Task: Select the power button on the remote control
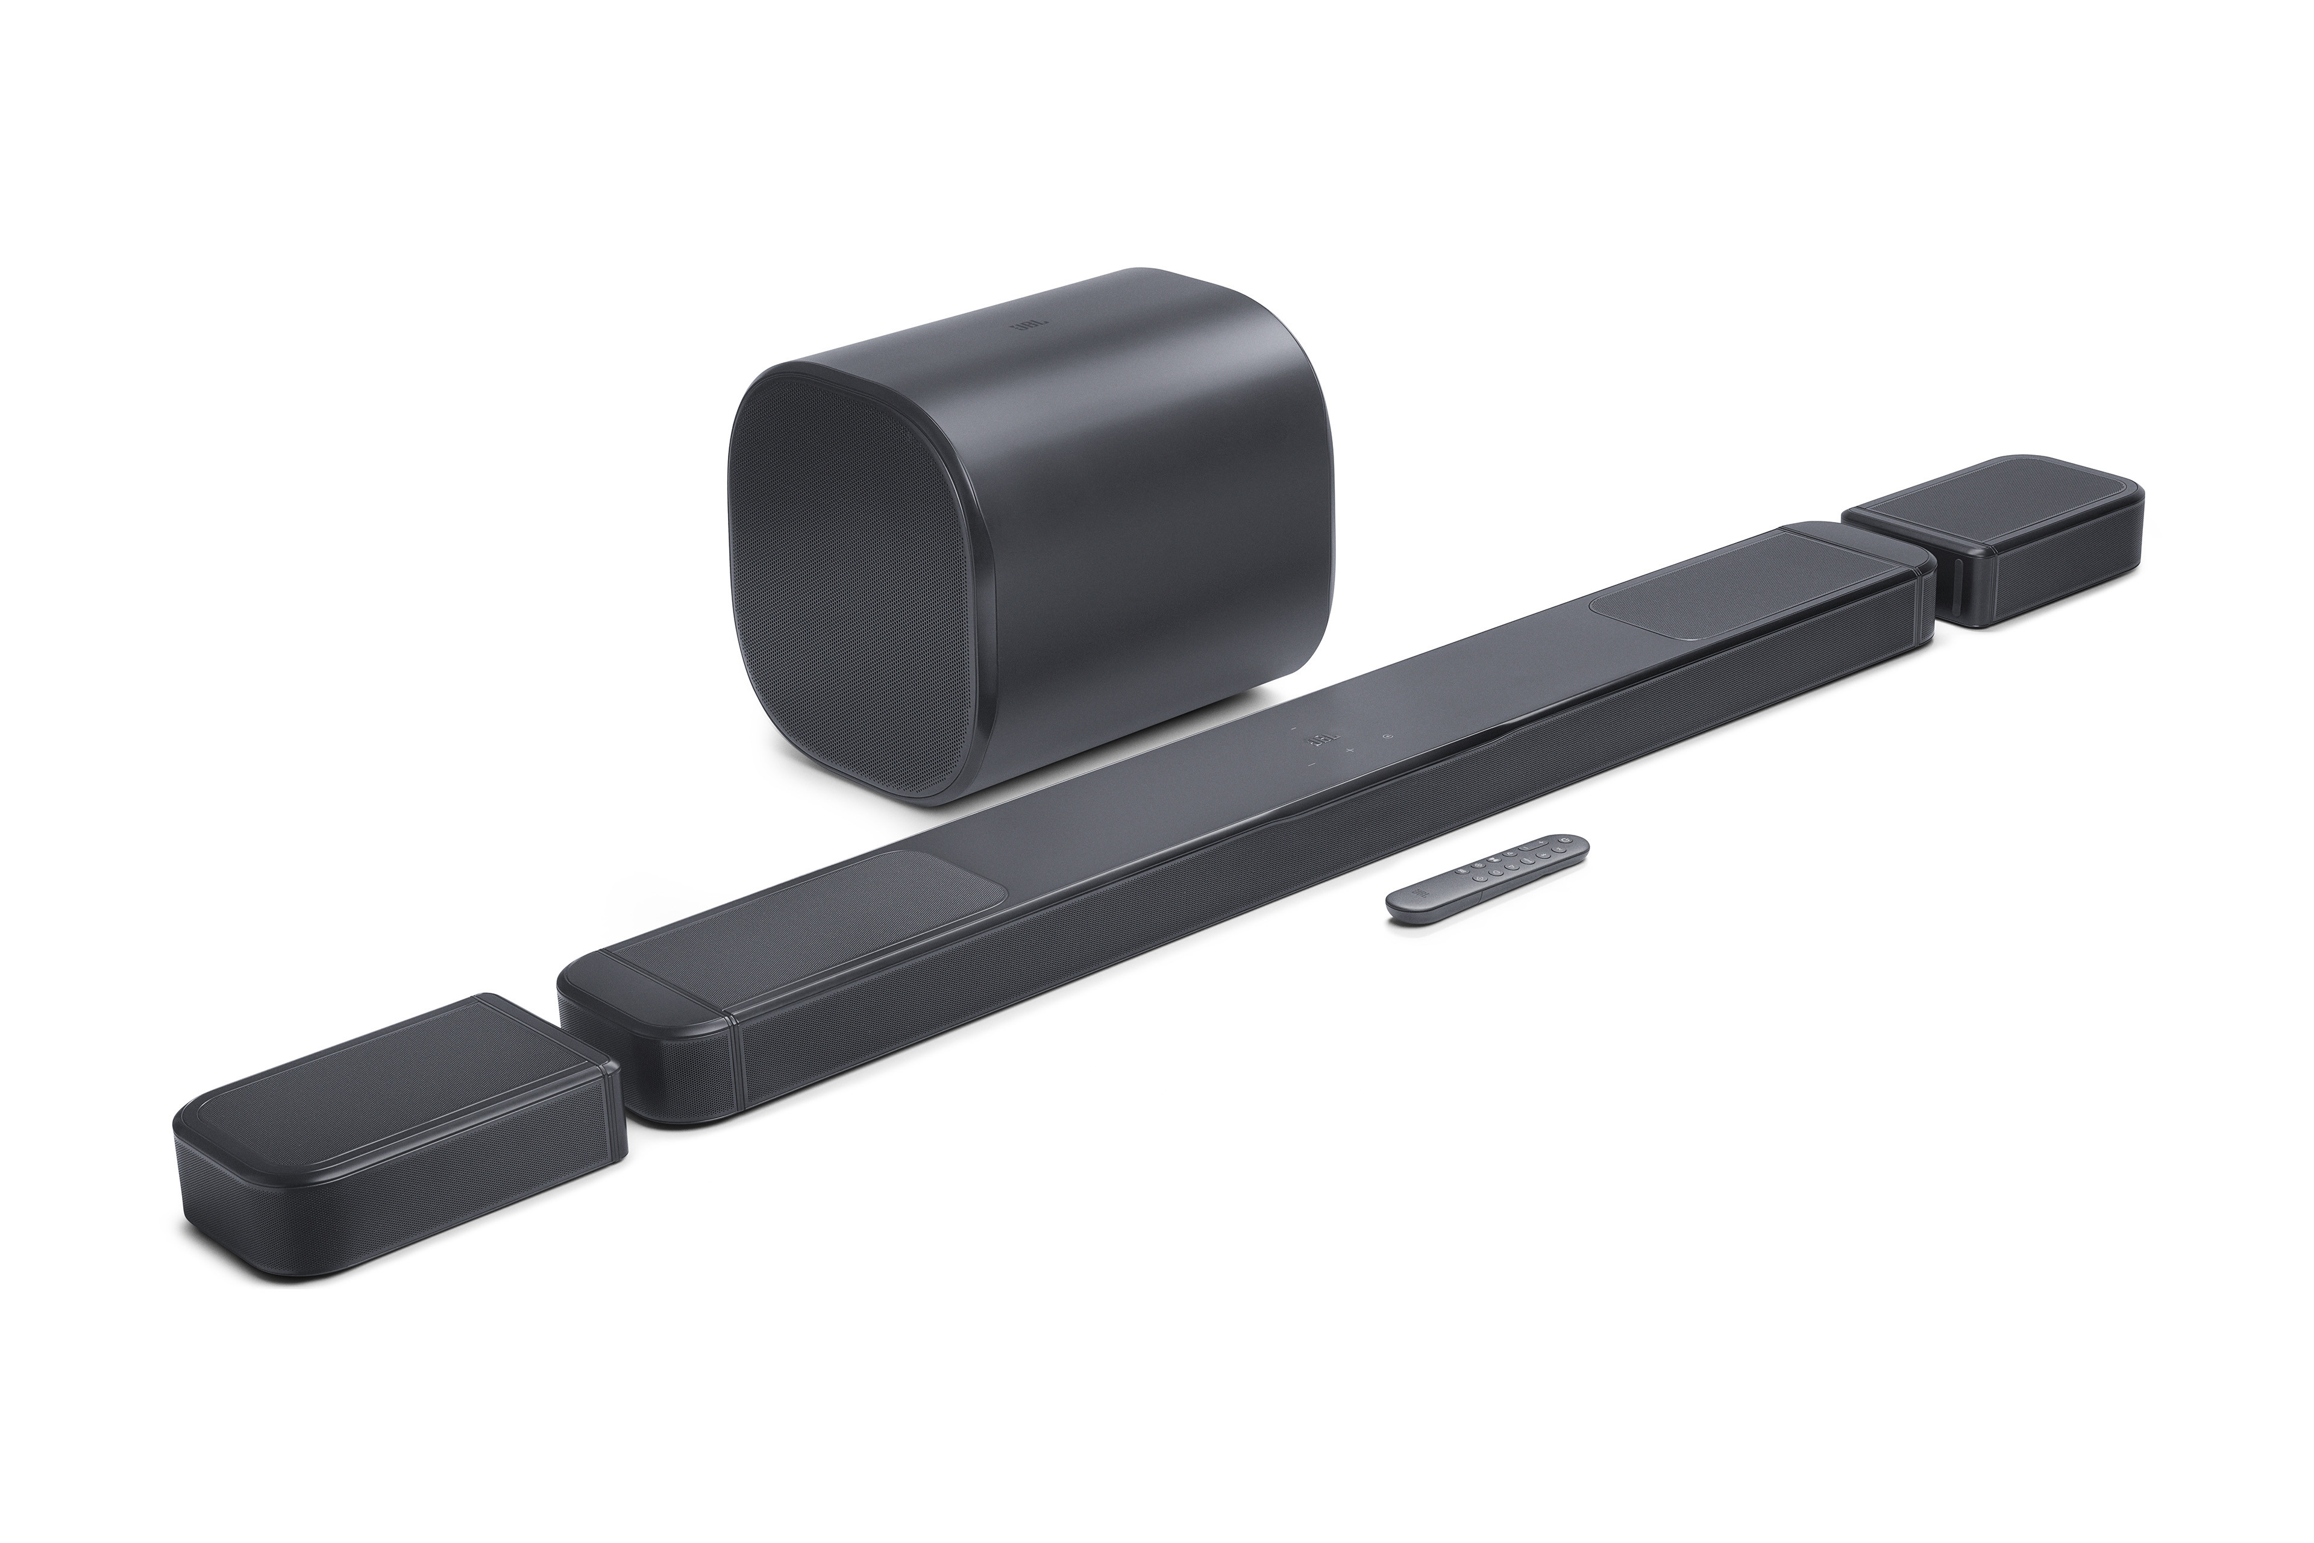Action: (1566, 840)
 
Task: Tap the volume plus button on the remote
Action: (1541, 843)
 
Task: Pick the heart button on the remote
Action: (1496, 872)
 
